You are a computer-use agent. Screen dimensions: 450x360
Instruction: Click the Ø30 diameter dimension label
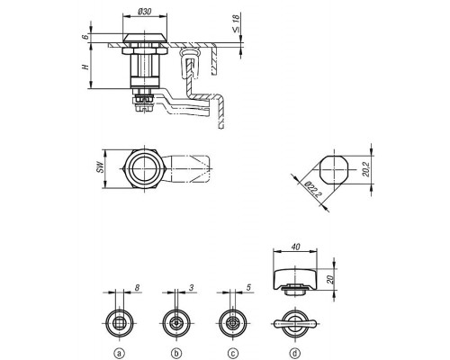tap(145, 12)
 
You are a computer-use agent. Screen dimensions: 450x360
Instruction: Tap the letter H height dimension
tap(86, 67)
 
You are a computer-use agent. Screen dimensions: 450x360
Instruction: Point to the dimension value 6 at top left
tap(85, 37)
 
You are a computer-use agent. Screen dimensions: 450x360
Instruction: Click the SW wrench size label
tap(102, 167)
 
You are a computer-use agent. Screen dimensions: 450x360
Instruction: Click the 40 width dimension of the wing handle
tap(295, 247)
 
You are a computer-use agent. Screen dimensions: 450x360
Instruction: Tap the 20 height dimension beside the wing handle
tap(330, 280)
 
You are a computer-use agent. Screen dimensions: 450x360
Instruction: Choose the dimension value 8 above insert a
tap(137, 288)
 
